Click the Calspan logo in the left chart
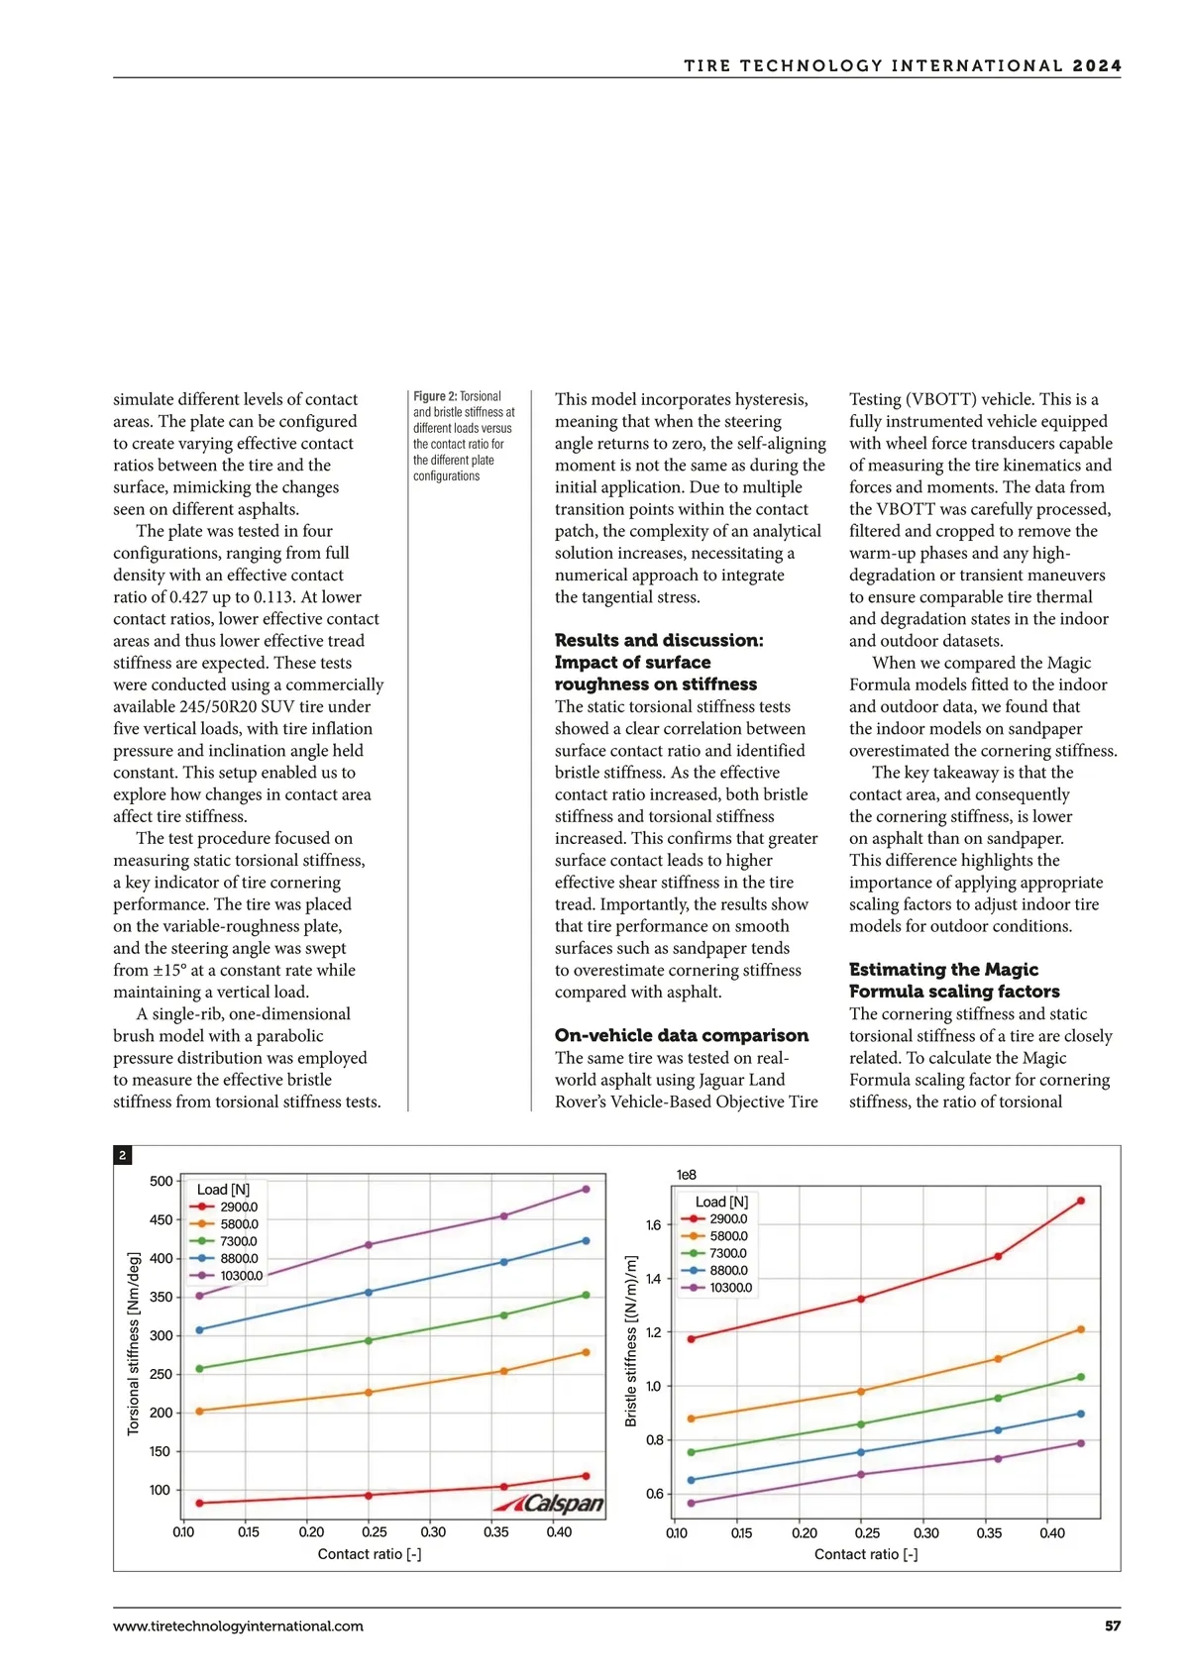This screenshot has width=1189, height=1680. pyautogui.click(x=550, y=1504)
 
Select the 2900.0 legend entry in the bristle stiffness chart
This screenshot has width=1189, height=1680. pyautogui.click(x=728, y=1218)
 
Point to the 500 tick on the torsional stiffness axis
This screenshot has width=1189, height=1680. pyautogui.click(x=161, y=1181)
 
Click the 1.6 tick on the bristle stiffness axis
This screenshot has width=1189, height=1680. pyautogui.click(x=653, y=1225)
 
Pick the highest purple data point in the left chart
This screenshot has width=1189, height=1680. pyautogui.click(x=586, y=1189)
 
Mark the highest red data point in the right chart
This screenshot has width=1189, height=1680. pyautogui.click(x=1080, y=1201)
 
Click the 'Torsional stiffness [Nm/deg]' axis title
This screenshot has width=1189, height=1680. pyautogui.click(x=134, y=1342)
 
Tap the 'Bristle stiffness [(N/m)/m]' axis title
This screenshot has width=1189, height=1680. pyautogui.click(x=631, y=1341)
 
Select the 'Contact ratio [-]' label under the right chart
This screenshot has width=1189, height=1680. pyautogui.click(x=866, y=1554)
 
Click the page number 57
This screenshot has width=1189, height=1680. pyautogui.click(x=1113, y=1626)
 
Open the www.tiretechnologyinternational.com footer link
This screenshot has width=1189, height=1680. pyautogui.click(x=238, y=1626)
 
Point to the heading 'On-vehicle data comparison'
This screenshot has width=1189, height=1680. pyautogui.click(x=682, y=1035)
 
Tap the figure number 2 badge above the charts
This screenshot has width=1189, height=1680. pyautogui.click(x=122, y=1155)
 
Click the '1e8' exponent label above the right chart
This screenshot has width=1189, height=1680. pyautogui.click(x=686, y=1175)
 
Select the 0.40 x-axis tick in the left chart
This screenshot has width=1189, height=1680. pyautogui.click(x=559, y=1532)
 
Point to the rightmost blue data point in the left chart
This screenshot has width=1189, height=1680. pyautogui.click(x=586, y=1240)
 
